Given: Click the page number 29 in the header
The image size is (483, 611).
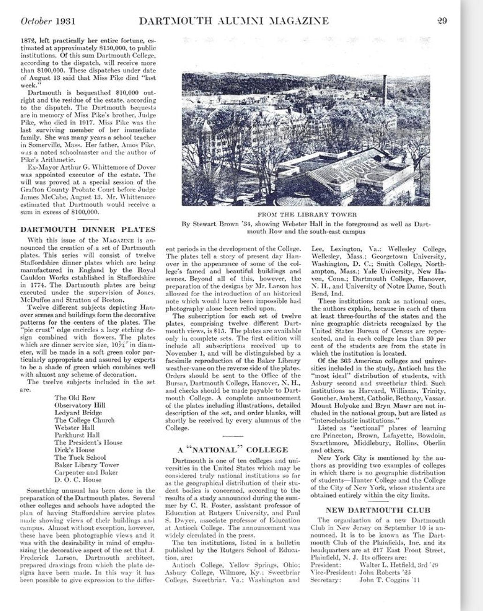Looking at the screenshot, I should click(x=441, y=21).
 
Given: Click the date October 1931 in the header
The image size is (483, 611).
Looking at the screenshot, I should click(x=48, y=21).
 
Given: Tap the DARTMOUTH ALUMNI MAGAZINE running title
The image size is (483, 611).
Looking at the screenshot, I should click(x=234, y=21).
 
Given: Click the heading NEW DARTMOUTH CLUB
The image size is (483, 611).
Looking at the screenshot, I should click(x=378, y=510).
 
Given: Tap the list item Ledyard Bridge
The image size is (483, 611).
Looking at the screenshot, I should click(x=78, y=413).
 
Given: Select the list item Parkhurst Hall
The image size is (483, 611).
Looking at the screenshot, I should click(x=77, y=435).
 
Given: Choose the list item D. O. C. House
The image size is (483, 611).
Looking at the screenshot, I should click(x=77, y=480).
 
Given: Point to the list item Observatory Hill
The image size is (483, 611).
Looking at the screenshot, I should click(x=80, y=405).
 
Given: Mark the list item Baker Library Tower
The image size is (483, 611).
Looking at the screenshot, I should click(x=86, y=465).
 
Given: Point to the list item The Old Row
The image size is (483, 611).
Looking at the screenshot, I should click(x=75, y=398).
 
